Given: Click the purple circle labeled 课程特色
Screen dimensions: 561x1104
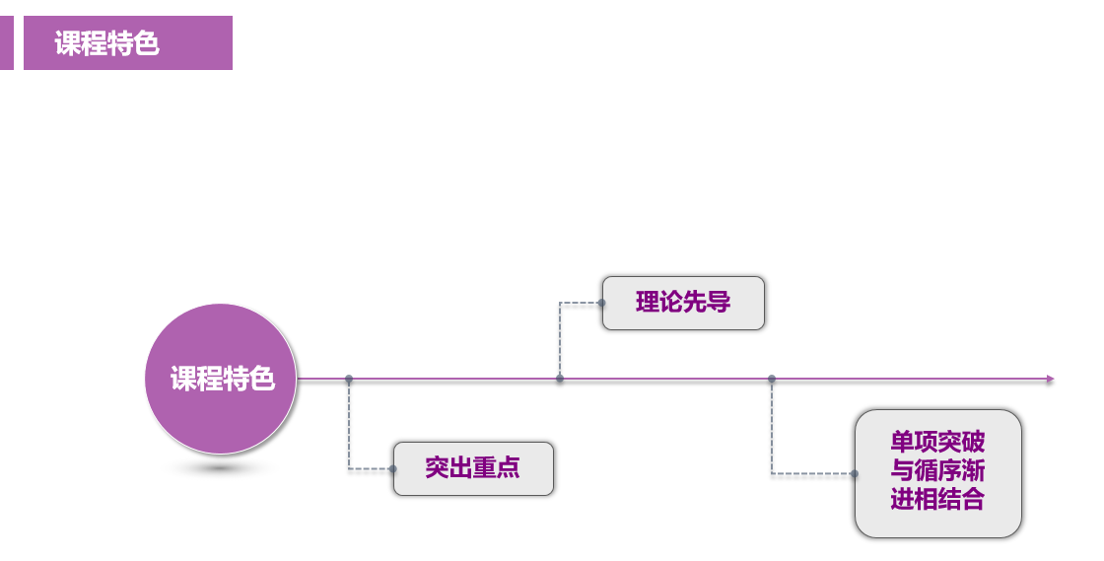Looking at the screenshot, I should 221,379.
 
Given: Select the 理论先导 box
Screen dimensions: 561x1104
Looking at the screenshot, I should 683,303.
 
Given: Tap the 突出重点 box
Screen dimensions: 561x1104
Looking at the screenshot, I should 473,468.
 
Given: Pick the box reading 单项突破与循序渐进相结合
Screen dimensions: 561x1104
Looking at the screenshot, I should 937,473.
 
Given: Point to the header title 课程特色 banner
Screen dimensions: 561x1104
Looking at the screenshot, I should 128,42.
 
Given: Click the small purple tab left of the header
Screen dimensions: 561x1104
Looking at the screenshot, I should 6,42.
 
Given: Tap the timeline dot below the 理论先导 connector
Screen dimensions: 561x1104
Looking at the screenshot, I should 560,379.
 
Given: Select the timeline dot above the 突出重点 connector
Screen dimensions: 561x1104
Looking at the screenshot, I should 349,379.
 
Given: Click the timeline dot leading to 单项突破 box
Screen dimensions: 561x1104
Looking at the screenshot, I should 772,379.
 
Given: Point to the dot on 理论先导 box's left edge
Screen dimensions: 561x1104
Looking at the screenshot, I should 602,303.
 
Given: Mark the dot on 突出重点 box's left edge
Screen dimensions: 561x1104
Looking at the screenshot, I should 393,468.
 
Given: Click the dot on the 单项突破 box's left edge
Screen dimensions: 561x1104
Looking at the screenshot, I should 855,473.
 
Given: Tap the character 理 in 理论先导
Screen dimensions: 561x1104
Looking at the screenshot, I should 648,303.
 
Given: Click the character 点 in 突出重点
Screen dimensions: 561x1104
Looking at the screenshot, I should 509,468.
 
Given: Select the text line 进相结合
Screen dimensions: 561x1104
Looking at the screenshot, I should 937,500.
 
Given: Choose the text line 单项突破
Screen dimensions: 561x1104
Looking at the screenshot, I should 937,443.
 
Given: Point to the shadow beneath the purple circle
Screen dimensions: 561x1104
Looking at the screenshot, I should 221,467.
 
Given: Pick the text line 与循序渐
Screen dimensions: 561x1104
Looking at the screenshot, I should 937,471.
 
